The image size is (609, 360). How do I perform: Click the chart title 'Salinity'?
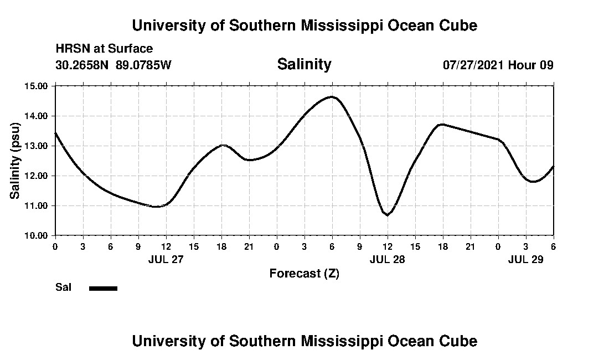click(x=304, y=64)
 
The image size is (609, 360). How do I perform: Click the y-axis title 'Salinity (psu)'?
click(x=16, y=161)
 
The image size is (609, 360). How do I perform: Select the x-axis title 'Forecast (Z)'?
click(x=304, y=274)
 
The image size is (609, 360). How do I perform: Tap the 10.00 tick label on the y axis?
click(x=37, y=235)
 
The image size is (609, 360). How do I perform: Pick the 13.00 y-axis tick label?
click(x=37, y=146)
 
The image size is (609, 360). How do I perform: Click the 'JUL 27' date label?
click(x=166, y=259)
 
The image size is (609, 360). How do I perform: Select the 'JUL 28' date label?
click(x=387, y=259)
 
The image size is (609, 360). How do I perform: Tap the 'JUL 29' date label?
click(x=525, y=259)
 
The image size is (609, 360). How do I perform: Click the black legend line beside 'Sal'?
click(x=104, y=288)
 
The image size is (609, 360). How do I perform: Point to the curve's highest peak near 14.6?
click(x=332, y=97)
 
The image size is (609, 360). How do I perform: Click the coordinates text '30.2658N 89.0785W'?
click(x=113, y=65)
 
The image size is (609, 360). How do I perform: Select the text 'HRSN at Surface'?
click(x=104, y=49)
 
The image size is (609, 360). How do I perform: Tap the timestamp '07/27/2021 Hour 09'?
click(x=498, y=65)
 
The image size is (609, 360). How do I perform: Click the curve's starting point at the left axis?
click(x=55, y=133)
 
